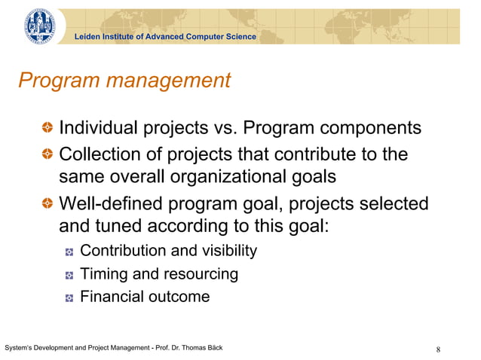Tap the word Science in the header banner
239,37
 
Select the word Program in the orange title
57,81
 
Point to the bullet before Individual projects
47,129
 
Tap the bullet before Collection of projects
47,155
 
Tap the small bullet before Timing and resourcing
69,275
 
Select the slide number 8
438,349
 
